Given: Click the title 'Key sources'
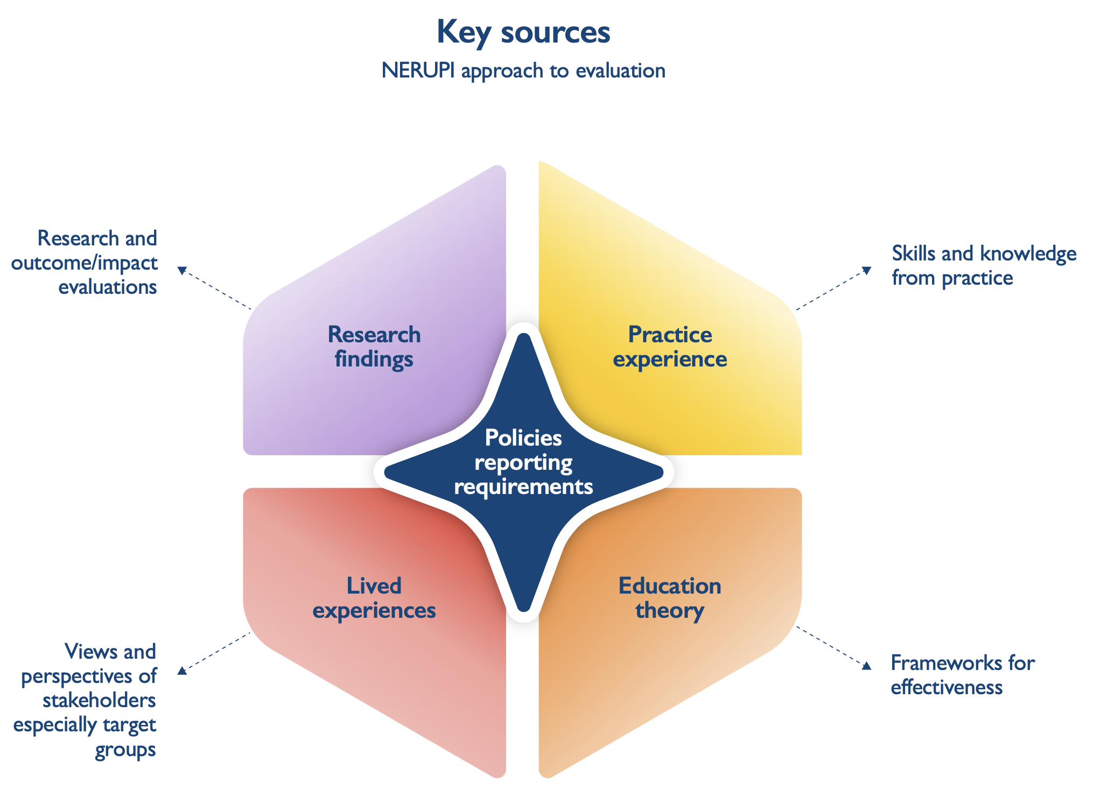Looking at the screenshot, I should [x=523, y=32].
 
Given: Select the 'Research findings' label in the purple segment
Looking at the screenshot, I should [x=374, y=347].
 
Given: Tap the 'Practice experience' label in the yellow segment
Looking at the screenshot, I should [x=670, y=347].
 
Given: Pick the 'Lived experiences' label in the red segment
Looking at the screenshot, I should [x=374, y=598].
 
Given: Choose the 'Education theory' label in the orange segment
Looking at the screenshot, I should [x=670, y=598].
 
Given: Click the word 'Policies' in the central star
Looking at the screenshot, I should [x=523, y=438].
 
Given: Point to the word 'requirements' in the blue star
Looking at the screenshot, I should [x=523, y=486].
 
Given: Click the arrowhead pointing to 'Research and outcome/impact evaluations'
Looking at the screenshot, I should [x=182, y=270].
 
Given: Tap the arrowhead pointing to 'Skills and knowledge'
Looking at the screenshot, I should [x=866, y=270].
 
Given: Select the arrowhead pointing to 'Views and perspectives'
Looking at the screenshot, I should [x=182, y=671].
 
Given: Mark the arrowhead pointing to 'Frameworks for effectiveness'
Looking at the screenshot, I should [x=866, y=666].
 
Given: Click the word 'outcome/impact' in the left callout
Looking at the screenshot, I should [x=85, y=263].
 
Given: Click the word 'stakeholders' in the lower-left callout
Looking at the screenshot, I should [x=100, y=701].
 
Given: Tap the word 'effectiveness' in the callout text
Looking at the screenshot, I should [x=947, y=688].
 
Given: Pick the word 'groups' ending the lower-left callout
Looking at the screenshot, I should [x=125, y=750].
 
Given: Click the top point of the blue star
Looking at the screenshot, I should [x=523, y=337].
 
